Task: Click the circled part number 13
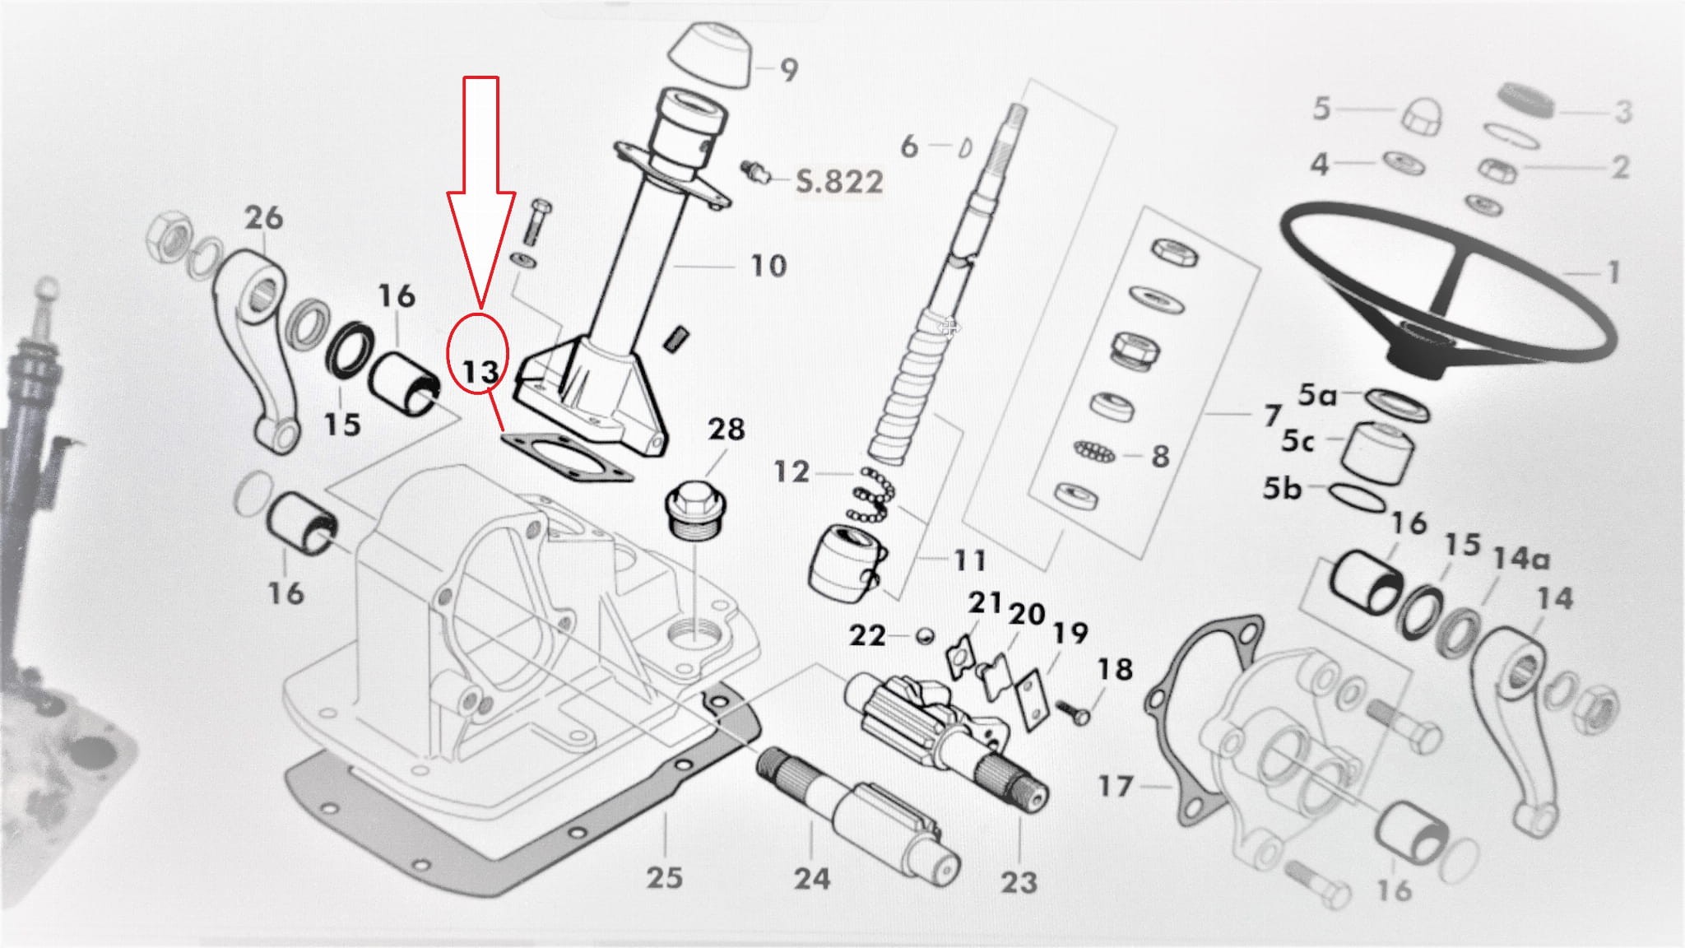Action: (480, 372)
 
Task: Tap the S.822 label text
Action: (839, 181)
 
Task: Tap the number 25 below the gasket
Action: (664, 877)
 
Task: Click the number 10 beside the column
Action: (768, 266)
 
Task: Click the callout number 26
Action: (264, 218)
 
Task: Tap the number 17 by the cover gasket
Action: (1116, 786)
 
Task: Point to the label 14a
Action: (1521, 559)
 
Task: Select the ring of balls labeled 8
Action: (1094, 452)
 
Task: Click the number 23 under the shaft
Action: (1019, 882)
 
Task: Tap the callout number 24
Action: (811, 878)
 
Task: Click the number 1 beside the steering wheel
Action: (1613, 272)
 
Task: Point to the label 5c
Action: (1297, 442)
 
